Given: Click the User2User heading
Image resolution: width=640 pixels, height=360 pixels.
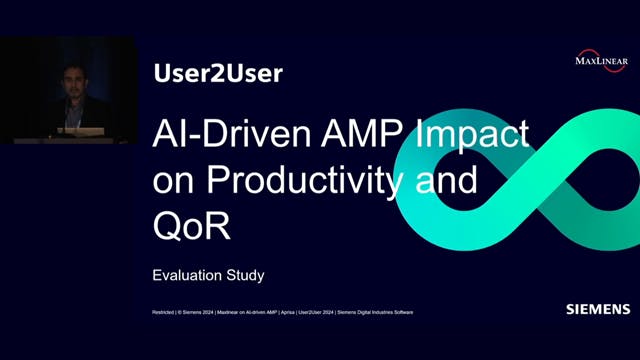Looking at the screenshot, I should click(219, 73).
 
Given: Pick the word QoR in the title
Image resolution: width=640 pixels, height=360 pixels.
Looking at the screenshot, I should click(191, 226).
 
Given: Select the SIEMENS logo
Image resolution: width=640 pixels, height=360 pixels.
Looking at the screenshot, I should click(597, 309).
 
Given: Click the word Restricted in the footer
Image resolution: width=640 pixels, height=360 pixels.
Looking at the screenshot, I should click(161, 313).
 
